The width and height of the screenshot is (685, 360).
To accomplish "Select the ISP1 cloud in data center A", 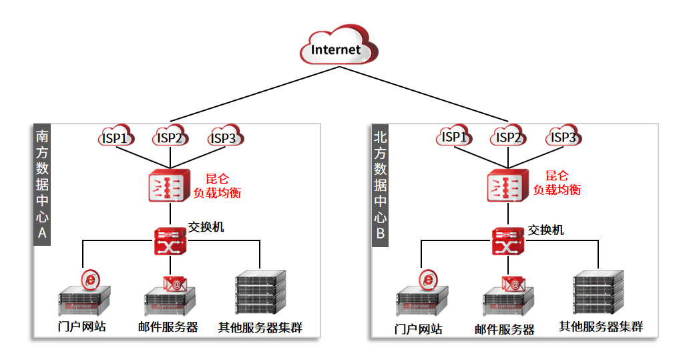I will point(115,138).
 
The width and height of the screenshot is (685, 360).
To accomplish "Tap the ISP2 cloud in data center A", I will point(170,138).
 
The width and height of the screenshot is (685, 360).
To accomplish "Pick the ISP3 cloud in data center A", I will point(224,138).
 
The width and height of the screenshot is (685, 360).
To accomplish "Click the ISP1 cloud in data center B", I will point(454,136).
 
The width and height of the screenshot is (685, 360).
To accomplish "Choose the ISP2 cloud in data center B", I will point(509,136).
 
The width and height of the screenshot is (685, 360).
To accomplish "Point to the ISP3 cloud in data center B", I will point(563,136).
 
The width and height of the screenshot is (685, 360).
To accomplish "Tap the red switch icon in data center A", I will point(170,241).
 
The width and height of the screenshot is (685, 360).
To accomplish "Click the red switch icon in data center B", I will point(508,241).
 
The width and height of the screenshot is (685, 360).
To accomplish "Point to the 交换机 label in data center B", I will point(545,230).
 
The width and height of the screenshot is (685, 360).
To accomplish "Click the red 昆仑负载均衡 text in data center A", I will point(216,185).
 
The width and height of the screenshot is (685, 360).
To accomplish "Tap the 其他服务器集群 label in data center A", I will point(260,327).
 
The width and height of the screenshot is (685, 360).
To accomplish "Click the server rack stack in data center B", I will point(599,292).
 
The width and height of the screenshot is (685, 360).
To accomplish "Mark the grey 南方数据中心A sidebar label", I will point(42,184).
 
